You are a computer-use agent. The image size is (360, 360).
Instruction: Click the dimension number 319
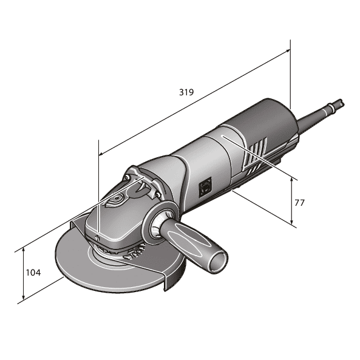point(186,93)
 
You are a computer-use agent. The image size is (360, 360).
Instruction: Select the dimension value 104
point(33,273)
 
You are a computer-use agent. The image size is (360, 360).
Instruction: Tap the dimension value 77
point(299,202)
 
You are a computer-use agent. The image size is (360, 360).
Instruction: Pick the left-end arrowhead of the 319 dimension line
point(101,154)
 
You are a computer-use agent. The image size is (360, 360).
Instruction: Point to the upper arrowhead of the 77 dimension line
point(293,181)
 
